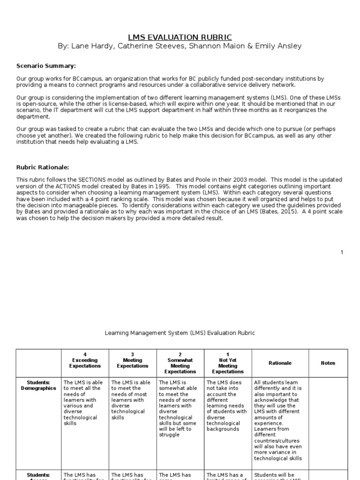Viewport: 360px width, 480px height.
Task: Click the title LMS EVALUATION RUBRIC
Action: pyautogui.click(x=180, y=37)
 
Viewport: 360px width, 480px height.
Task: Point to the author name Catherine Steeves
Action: pyautogui.click(x=144, y=46)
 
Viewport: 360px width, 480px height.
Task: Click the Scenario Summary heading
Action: pyautogui.click(x=46, y=66)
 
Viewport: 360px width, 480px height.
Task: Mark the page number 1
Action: pyautogui.click(x=342, y=253)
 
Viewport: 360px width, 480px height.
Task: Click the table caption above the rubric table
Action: pyautogui.click(x=180, y=333)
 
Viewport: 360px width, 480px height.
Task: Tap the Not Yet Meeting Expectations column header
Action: pyautogui.click(x=228, y=363)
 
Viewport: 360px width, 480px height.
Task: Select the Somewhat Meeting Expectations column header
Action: pyautogui.click(x=180, y=363)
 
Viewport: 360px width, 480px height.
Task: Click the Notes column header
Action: pyautogui.click(x=328, y=363)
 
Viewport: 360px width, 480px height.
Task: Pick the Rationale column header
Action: pyautogui.click(x=280, y=363)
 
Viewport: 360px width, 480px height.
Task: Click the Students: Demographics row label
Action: pyautogui.click(x=38, y=385)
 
